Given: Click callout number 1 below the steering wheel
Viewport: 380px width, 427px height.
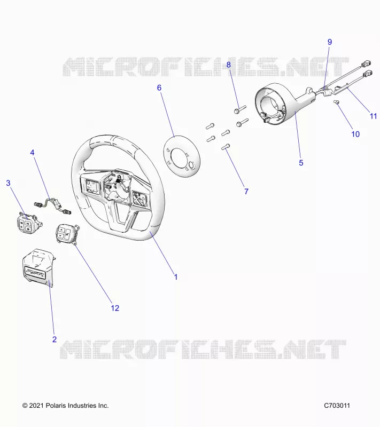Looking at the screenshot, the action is tap(176, 277).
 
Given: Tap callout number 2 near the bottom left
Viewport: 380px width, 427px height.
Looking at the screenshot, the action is tap(55, 339).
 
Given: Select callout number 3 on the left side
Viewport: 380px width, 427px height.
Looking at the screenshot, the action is tap(8, 183).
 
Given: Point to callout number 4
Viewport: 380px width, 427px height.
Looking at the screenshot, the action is tap(32, 153).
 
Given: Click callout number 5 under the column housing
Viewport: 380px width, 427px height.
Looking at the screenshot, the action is tap(301, 163).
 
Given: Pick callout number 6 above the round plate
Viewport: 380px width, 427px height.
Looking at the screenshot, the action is tap(159, 88).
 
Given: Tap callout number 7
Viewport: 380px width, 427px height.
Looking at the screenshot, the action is tap(246, 192).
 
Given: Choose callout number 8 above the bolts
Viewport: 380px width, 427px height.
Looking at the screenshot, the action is tap(228, 65).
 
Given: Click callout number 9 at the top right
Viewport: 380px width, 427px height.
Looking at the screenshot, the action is tap(330, 42).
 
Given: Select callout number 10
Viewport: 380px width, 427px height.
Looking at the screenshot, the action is tap(355, 135).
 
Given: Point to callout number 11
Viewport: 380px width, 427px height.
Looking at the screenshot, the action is tap(373, 116).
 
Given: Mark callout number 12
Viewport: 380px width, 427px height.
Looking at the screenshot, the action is tap(115, 308).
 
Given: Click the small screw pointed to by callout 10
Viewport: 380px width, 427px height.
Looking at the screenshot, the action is tap(336, 102).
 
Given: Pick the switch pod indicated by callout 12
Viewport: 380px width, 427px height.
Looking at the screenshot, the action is tap(67, 234).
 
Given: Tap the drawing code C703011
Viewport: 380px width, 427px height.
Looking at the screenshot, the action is tap(337, 406).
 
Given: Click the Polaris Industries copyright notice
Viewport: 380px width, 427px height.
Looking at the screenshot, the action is tap(65, 406).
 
